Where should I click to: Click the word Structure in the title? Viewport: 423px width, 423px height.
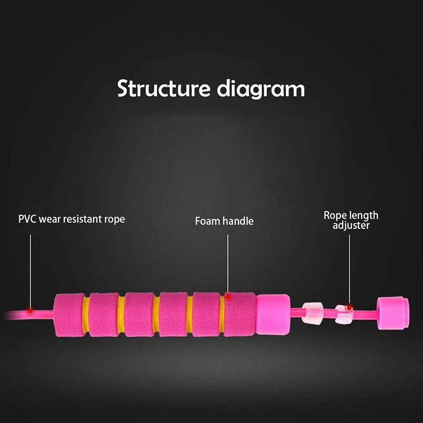click(x=163, y=88)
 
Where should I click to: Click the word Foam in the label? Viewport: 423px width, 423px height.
click(x=207, y=221)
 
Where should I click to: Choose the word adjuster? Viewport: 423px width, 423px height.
click(x=351, y=226)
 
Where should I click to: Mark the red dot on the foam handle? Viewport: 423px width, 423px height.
click(x=228, y=296)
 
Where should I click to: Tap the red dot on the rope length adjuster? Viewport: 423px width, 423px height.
click(x=349, y=307)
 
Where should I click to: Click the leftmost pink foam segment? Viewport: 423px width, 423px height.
click(x=69, y=315)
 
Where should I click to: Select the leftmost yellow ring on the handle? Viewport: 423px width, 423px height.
click(x=86, y=315)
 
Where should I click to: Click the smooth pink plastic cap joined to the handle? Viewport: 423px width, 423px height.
click(x=273, y=315)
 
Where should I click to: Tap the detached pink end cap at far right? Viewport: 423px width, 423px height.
click(x=392, y=312)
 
